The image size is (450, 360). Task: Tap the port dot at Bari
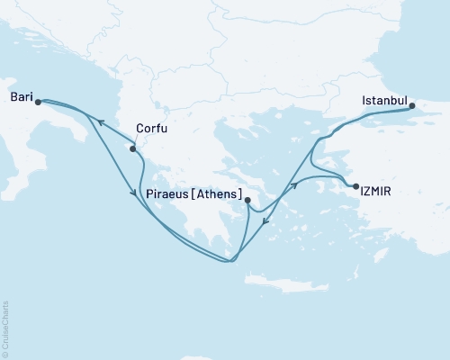(38, 102)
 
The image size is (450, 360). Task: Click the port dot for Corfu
(134, 149)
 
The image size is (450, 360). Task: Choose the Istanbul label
(384, 99)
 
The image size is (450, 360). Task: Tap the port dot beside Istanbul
(413, 106)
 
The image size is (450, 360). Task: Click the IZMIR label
(376, 192)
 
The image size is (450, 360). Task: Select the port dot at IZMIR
(356, 186)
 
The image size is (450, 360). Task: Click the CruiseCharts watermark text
(5, 329)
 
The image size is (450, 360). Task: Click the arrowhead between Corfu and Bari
(100, 121)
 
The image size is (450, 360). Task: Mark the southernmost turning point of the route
(230, 262)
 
